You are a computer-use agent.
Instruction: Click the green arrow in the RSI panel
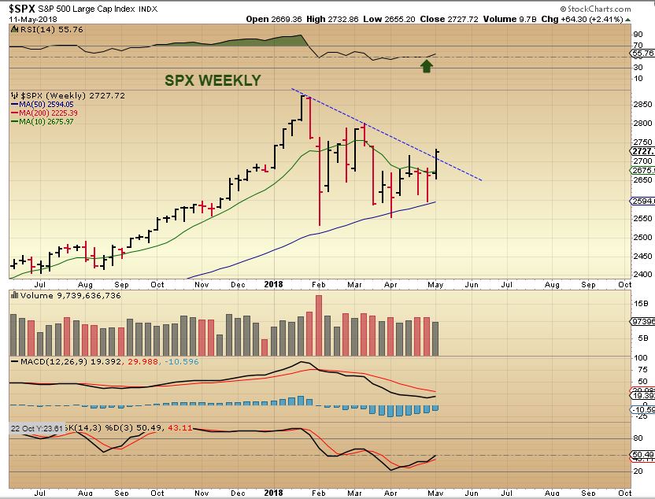pyautogui.click(x=427, y=66)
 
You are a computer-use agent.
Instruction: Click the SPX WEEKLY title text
pyautogui.click(x=212, y=80)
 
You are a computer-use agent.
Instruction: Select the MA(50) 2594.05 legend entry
pyautogui.click(x=45, y=104)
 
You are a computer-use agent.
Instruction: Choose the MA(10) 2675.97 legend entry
pyautogui.click(x=45, y=121)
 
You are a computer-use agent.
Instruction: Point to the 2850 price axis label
pyautogui.click(x=643, y=104)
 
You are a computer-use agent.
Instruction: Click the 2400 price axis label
pyautogui.click(x=643, y=275)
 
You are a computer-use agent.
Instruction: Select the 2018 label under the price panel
pyautogui.click(x=273, y=284)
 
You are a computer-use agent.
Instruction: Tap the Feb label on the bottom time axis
pyautogui.click(x=318, y=493)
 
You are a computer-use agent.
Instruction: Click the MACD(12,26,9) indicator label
pyautogui.click(x=46, y=361)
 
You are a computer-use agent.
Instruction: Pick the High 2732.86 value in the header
pyautogui.click(x=331, y=18)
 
